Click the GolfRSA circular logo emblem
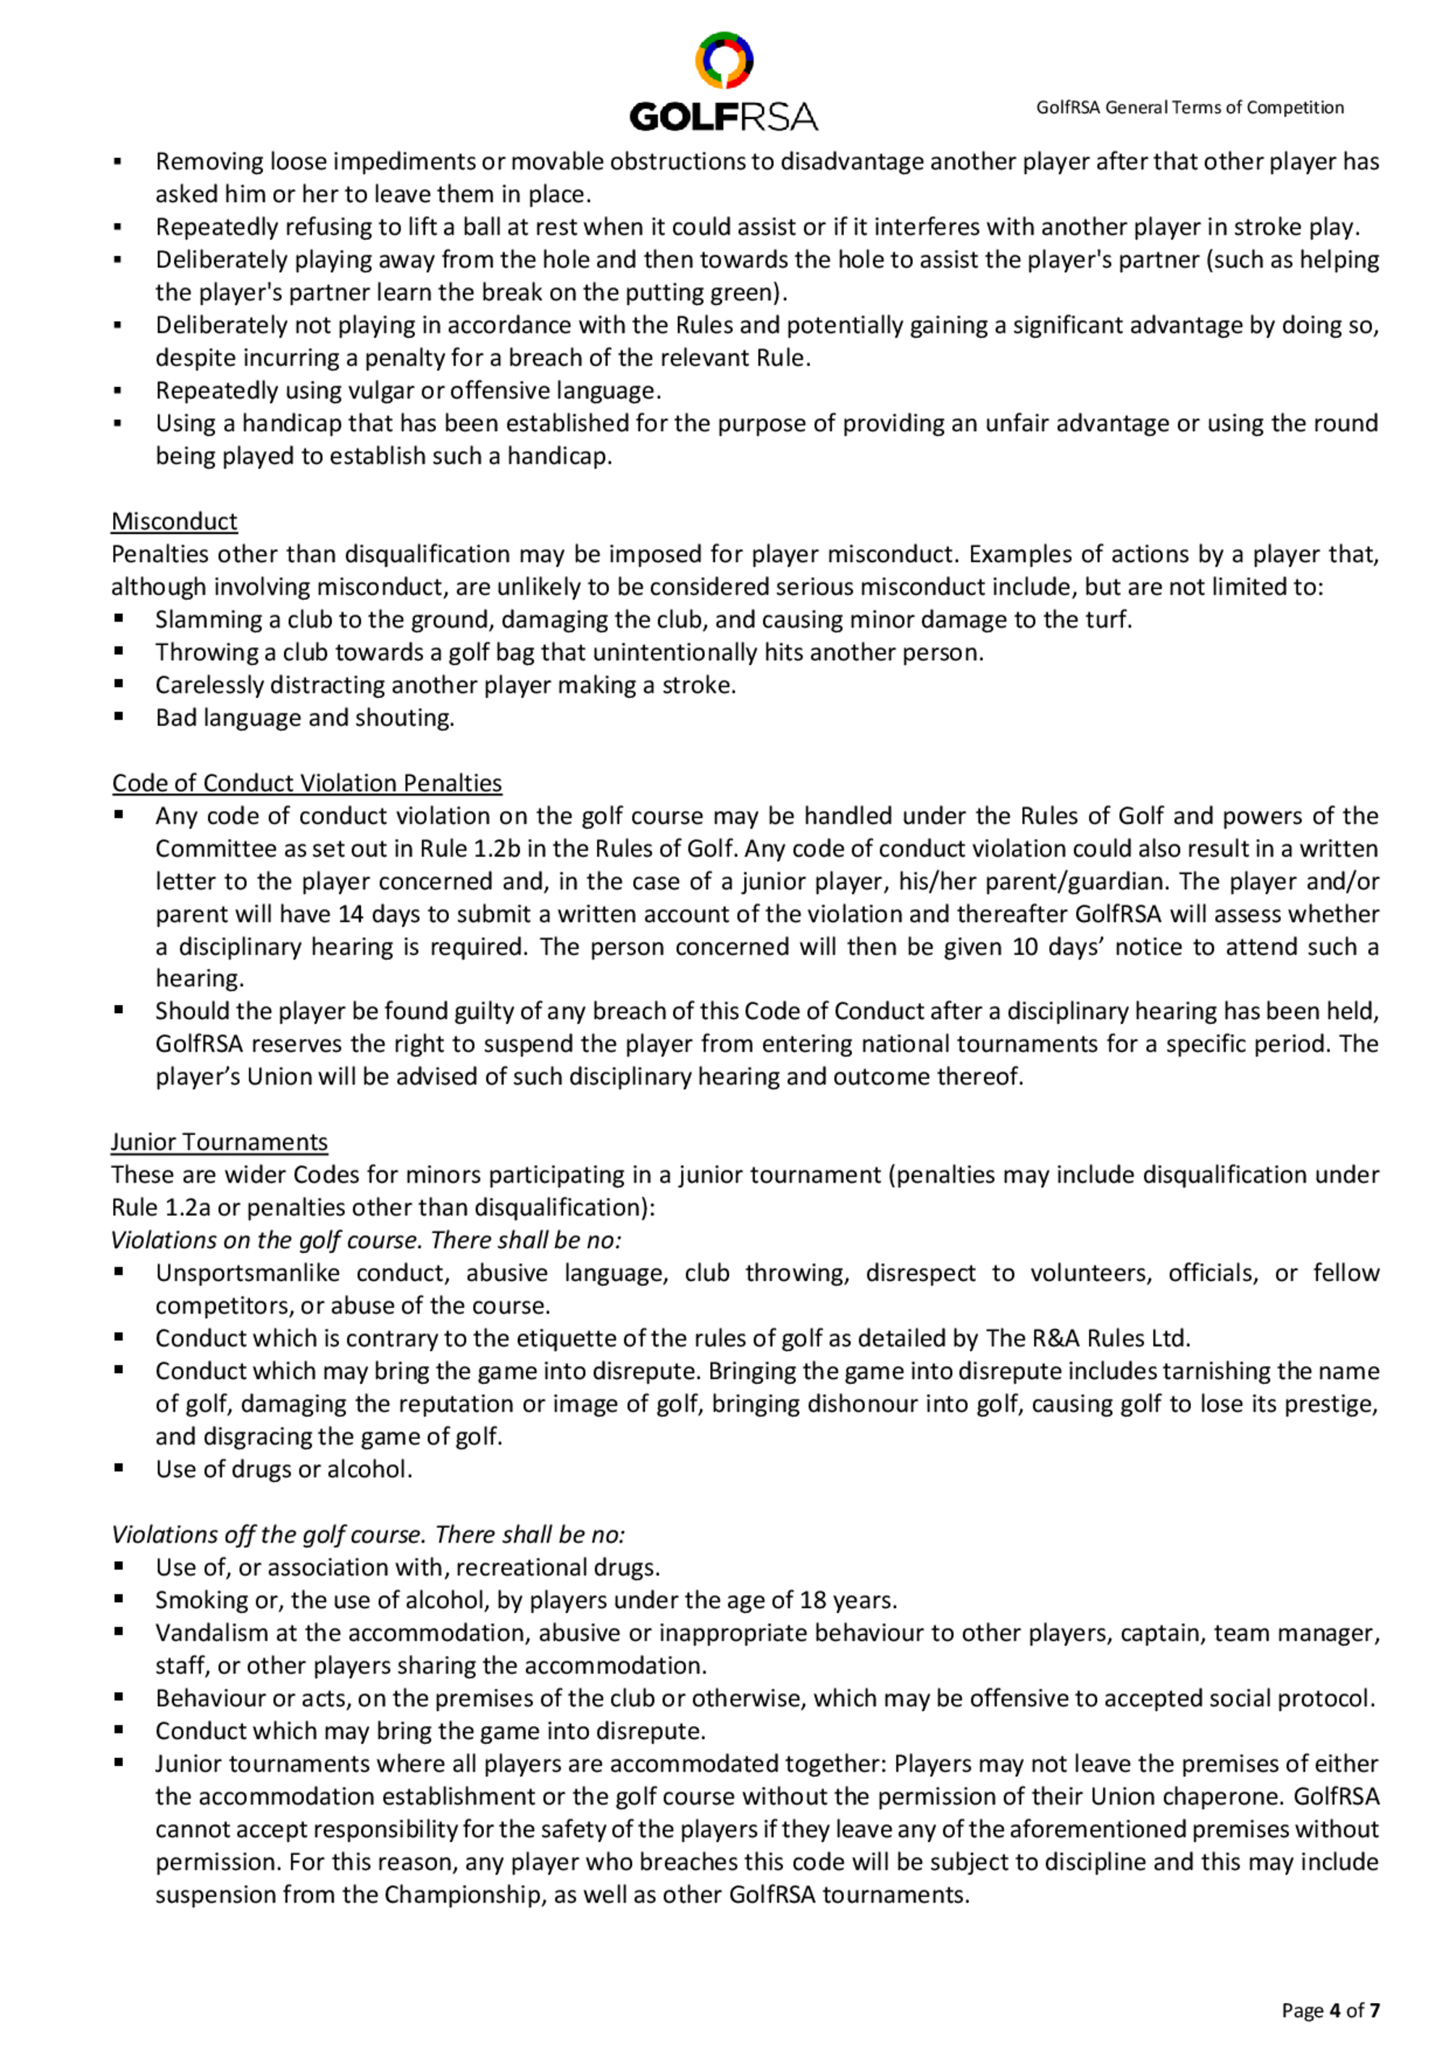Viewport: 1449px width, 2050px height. coord(724,60)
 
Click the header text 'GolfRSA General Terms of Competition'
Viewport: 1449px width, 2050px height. coord(1189,108)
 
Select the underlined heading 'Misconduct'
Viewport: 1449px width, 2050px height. coord(174,522)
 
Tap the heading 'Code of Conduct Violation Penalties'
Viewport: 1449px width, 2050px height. coord(306,783)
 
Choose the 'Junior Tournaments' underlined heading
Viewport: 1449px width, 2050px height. coord(219,1142)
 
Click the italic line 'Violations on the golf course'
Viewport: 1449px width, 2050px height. coord(366,1240)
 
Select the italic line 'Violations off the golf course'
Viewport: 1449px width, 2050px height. coord(368,1534)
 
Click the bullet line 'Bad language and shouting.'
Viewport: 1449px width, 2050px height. coord(304,718)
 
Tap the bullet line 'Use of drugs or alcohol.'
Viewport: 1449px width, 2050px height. coord(284,1469)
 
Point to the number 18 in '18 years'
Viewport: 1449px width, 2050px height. coord(812,1600)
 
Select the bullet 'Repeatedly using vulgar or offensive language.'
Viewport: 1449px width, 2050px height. coord(408,391)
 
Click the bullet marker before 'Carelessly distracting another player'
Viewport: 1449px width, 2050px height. coord(119,685)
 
